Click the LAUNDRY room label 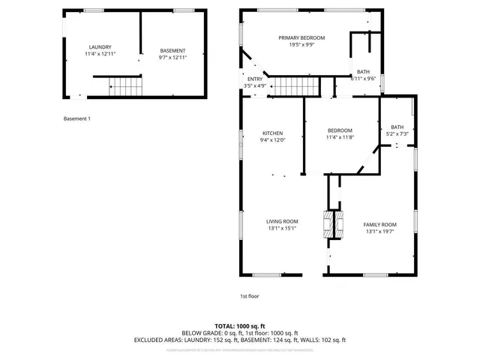tap(99, 46)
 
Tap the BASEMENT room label tap(172, 50)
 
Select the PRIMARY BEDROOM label tap(301, 37)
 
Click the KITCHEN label tap(271, 133)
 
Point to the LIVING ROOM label tap(282, 221)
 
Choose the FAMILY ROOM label tap(380, 224)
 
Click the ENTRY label tap(255, 79)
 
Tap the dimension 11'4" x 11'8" tap(340, 137)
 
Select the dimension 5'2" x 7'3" tap(397, 133)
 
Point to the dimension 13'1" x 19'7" tap(380, 231)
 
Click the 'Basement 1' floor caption tap(76, 118)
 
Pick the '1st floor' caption tap(249, 295)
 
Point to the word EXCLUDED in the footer tap(151, 340)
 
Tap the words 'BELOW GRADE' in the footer tap(202, 333)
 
